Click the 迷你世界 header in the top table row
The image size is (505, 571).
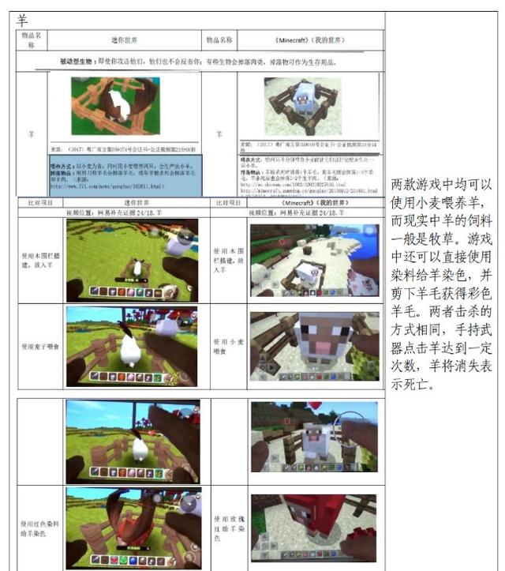(x=125, y=39)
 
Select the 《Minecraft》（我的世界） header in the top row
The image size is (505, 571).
(x=311, y=39)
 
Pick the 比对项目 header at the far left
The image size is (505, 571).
(x=39, y=203)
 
